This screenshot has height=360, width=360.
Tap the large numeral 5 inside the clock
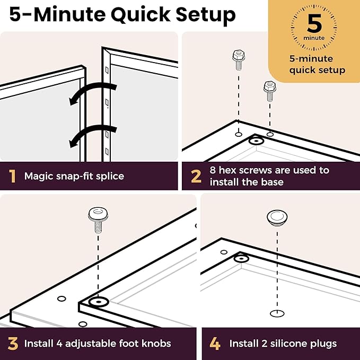click(314, 23)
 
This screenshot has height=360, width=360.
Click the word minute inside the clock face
click(314, 38)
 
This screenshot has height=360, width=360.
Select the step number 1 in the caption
click(12, 177)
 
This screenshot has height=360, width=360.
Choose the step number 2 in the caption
click(196, 177)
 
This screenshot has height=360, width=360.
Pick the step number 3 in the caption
click(13, 344)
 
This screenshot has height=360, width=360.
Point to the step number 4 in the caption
click(215, 344)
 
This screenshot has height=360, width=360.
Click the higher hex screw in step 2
click(239, 60)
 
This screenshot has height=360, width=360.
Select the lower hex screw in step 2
click(270, 91)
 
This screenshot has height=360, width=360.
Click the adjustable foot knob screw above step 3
click(98, 219)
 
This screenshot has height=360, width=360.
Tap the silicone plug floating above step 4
click(277, 218)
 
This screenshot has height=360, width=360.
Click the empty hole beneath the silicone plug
click(277, 313)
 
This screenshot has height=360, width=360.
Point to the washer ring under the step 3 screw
click(99, 302)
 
